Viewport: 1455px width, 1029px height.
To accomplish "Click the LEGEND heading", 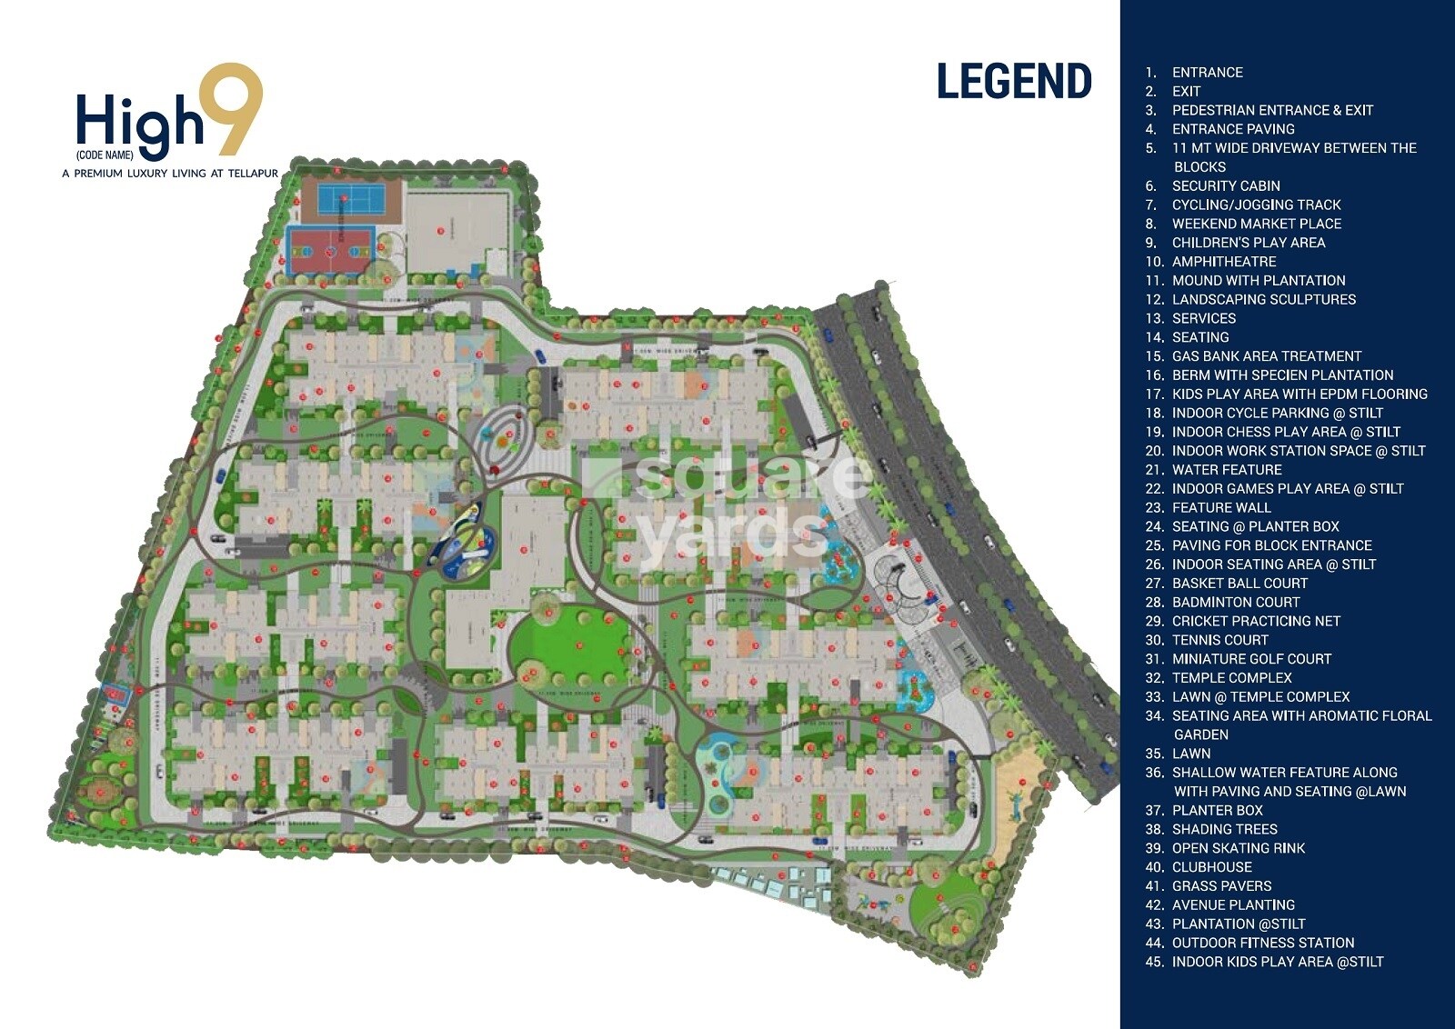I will pos(1014,82).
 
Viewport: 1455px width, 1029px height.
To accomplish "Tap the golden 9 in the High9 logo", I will pos(232,109).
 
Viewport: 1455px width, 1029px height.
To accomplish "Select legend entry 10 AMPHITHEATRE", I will pos(1223,262).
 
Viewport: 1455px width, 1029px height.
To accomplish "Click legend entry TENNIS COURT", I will pos(1219,640).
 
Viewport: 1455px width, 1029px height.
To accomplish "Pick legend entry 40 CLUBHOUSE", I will pos(1211,867).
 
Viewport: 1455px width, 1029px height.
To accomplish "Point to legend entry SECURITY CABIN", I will pos(1225,185).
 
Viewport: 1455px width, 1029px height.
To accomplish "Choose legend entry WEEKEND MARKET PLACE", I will pos(1256,224).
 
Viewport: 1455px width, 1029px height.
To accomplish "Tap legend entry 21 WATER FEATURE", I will pos(1226,470).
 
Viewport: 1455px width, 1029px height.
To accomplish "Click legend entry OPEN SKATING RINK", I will pos(1238,848).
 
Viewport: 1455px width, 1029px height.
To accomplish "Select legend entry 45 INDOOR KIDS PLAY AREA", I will pos(1277,962).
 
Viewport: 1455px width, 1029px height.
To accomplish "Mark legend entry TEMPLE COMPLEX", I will pos(1231,678).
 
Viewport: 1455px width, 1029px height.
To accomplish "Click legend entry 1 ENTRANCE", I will pos(1207,73).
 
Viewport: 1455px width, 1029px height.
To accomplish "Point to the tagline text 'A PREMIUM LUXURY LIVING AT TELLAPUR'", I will pos(170,173).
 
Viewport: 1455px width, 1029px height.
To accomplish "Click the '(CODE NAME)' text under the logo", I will pos(105,155).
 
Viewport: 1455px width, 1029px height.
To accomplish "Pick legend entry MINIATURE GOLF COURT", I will pos(1250,659).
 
